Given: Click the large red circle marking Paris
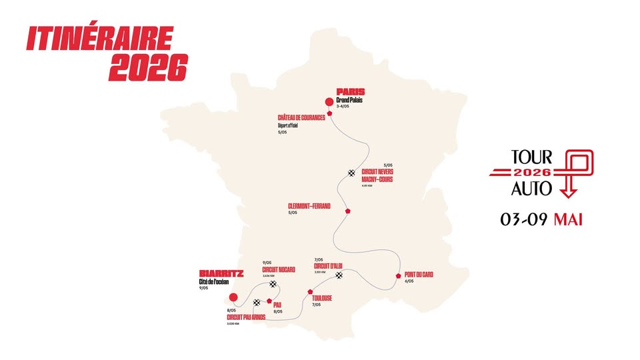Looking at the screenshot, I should [328, 102].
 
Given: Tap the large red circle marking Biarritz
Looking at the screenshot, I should [233, 297].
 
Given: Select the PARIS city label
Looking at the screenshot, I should [350, 92].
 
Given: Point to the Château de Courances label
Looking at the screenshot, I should [301, 117].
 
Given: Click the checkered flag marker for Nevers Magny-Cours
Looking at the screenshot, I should [351, 173].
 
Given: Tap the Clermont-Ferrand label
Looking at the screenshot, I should [309, 206].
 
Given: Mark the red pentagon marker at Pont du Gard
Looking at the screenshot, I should [398, 275].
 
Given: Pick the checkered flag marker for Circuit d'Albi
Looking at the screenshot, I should [339, 275].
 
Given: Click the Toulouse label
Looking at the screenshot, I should [322, 297].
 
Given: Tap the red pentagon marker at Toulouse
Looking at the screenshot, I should [309, 291].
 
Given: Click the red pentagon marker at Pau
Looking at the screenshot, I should [269, 301].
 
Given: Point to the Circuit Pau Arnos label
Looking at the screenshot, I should [246, 317].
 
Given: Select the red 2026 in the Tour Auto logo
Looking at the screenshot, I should [531, 173].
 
